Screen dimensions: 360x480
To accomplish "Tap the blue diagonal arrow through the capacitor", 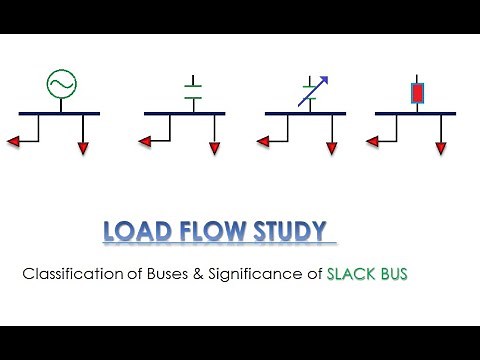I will tap(313, 91).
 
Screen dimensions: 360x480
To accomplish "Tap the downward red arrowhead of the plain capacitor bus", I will tap(214, 150).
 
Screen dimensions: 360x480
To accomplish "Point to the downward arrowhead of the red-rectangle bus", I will tap(441, 150).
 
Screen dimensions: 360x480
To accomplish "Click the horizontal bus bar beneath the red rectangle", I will tap(415, 114).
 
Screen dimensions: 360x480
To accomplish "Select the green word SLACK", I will tap(351, 273).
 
